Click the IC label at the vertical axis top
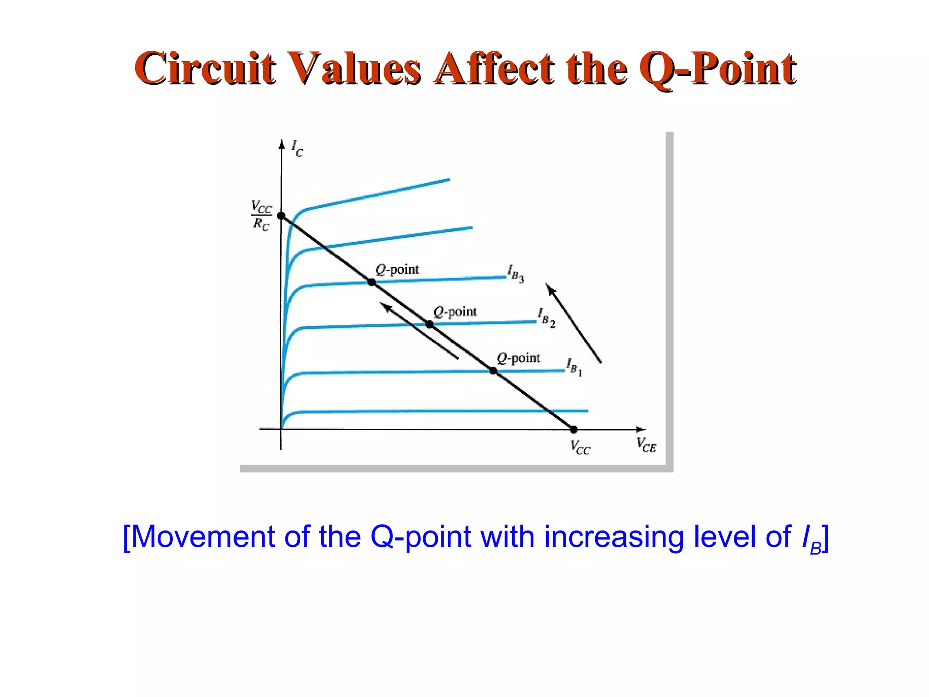(297, 148)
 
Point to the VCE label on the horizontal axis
(646, 445)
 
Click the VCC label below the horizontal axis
(580, 447)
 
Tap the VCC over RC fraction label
(261, 216)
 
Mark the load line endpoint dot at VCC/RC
(281, 216)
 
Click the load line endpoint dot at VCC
(573, 429)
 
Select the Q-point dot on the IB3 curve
(372, 282)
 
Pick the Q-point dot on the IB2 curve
(430, 324)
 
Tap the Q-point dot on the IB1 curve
(493, 371)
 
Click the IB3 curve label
(516, 274)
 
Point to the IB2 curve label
(546, 317)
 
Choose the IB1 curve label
(574, 367)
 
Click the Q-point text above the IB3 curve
(397, 270)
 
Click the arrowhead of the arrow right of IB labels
(550, 289)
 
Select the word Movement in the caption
(203, 537)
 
